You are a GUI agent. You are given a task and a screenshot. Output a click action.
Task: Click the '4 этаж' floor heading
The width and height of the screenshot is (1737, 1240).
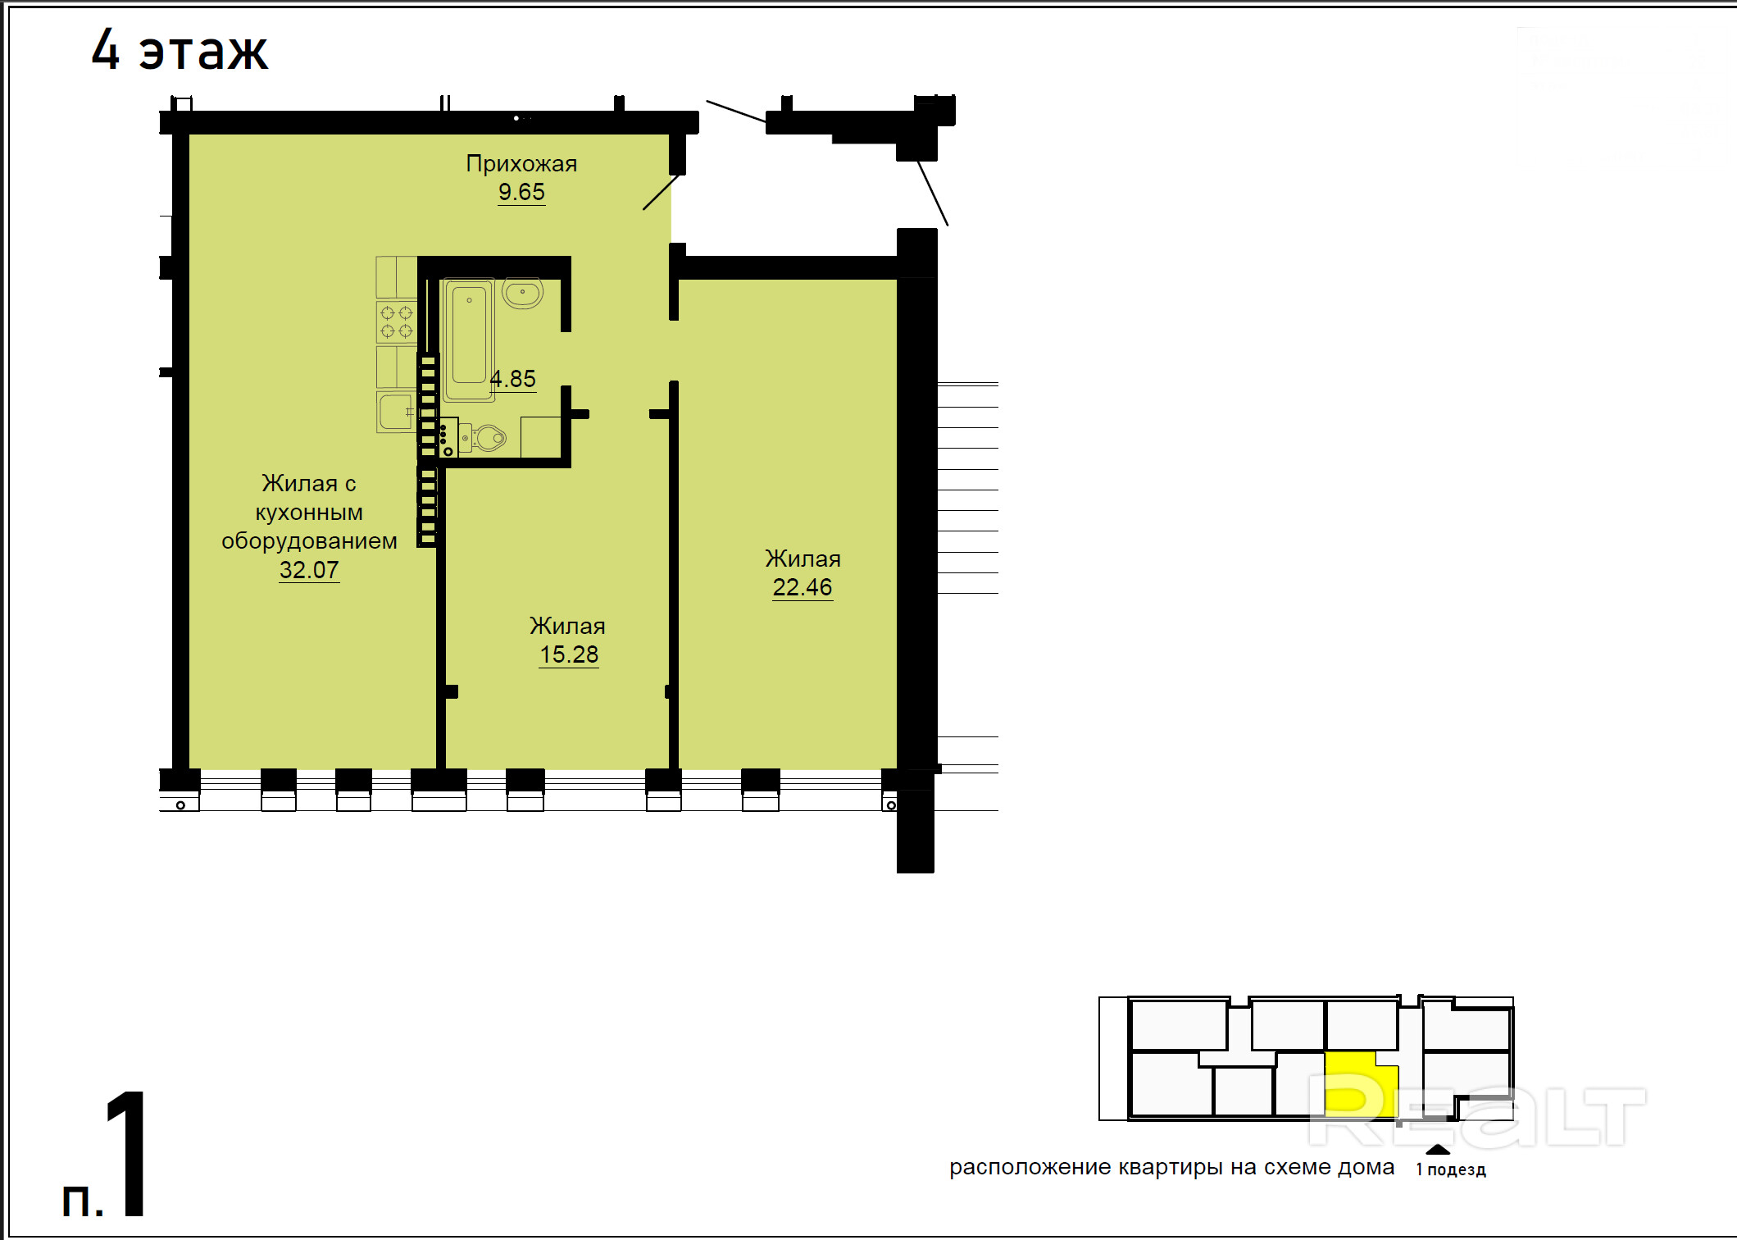point(180,50)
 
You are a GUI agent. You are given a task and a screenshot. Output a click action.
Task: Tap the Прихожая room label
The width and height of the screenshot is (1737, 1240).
point(521,164)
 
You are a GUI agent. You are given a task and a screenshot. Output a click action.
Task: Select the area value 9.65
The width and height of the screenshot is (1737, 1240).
point(521,192)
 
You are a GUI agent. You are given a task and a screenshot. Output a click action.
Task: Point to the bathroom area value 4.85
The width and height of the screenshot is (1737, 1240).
point(513,379)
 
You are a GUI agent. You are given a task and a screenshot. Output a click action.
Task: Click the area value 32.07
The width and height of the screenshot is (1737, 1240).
point(309,570)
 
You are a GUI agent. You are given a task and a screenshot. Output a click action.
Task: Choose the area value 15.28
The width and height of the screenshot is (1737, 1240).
point(569,654)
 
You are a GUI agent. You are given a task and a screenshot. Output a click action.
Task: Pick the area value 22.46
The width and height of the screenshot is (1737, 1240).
point(803,587)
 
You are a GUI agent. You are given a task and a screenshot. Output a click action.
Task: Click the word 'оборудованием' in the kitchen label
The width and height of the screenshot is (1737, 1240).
point(309,541)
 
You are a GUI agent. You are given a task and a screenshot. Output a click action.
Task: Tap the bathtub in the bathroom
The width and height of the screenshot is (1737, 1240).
point(469,340)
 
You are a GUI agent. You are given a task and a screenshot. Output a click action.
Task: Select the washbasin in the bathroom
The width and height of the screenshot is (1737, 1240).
point(522,293)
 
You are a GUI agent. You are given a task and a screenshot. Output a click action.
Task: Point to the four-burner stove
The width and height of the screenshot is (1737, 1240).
point(397,321)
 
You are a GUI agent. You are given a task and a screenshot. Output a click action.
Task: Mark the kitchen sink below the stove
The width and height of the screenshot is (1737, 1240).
point(397,412)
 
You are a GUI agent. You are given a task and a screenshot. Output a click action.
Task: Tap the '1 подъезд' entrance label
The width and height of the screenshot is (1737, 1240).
point(1451,1169)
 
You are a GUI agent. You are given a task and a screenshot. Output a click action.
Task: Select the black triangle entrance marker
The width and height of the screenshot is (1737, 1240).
point(1438,1149)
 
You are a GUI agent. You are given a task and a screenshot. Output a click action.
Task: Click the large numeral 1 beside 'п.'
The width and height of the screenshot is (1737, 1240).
point(129,1153)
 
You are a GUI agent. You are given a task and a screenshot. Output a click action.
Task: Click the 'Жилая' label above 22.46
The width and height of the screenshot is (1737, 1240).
point(803,559)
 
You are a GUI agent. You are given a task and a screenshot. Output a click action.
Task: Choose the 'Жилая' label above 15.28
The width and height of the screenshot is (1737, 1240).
point(567,627)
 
